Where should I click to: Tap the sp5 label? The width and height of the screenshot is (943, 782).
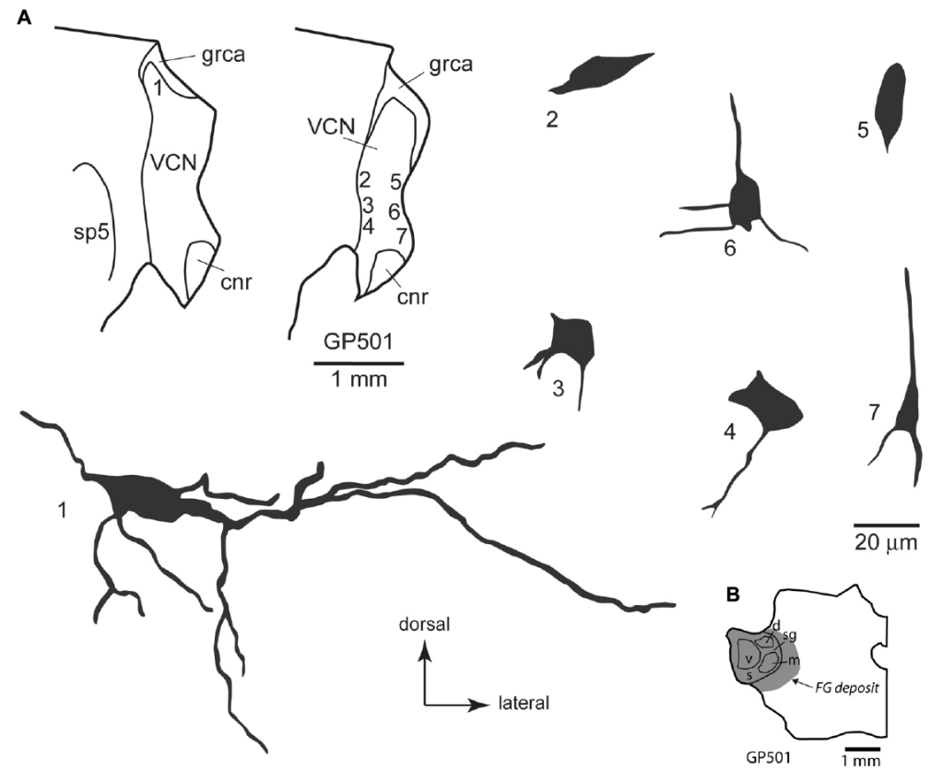(92, 232)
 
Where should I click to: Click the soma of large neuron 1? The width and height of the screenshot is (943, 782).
(143, 500)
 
